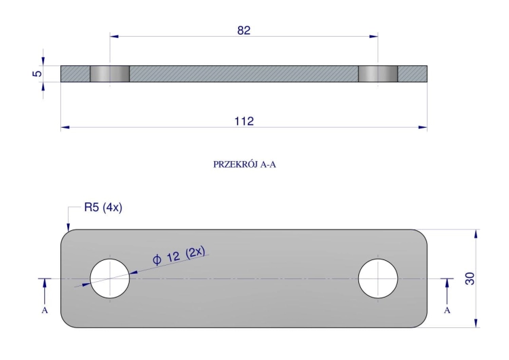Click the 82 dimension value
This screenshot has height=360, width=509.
(x=244, y=30)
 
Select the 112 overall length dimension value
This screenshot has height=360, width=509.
(x=244, y=121)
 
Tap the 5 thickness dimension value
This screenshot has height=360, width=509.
(x=37, y=73)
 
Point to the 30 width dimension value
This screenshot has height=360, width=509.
(x=470, y=278)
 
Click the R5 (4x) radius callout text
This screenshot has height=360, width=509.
(x=103, y=207)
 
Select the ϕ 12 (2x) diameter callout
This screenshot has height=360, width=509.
(x=179, y=255)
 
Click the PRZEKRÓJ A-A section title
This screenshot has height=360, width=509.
(x=244, y=164)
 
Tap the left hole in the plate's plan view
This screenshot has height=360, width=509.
(x=110, y=278)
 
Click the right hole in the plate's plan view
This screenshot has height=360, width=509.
(x=378, y=278)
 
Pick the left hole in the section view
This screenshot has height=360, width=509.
(x=110, y=74)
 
